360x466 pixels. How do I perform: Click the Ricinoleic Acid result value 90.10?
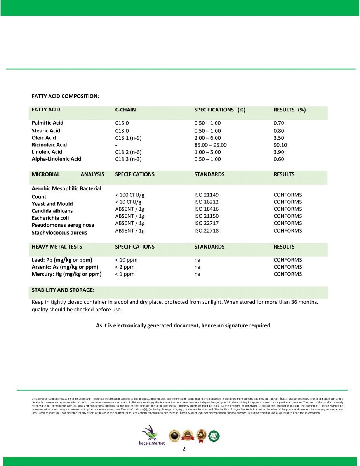280,145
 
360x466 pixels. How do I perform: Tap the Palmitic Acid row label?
47,123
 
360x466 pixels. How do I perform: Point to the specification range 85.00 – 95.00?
210,145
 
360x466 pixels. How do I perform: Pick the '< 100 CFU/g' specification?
130,195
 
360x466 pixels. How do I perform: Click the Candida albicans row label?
52,211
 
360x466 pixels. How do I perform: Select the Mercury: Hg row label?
66,274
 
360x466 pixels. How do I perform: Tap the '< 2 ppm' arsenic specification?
125,267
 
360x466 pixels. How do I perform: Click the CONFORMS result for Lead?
287,260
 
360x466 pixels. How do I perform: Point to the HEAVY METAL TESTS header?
57,247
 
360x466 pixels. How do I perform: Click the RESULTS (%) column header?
289,110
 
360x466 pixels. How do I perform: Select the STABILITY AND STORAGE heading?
63,290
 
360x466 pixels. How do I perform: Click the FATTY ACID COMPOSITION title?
65,96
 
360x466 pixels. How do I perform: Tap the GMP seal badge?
201,435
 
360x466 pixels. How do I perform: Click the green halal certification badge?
214,435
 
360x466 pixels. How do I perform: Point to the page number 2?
184,449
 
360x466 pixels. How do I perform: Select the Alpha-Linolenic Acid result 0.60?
279,159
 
